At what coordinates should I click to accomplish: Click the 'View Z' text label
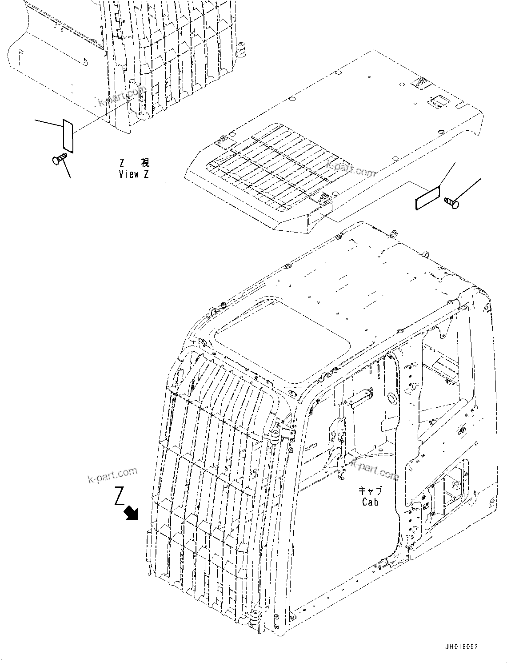(x=134, y=174)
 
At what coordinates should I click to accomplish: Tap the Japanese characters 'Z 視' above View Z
(x=134, y=163)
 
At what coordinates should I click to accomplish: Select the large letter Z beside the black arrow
(x=119, y=496)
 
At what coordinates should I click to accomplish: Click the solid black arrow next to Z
(x=132, y=513)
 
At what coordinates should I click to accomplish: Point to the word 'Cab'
(x=370, y=502)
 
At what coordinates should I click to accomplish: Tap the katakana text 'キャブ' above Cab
(x=370, y=490)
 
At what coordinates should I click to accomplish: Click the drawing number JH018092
(x=460, y=647)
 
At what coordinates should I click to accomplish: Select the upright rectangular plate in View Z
(x=68, y=135)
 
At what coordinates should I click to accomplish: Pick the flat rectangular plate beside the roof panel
(x=427, y=198)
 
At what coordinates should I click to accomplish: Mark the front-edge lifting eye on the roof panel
(x=322, y=197)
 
